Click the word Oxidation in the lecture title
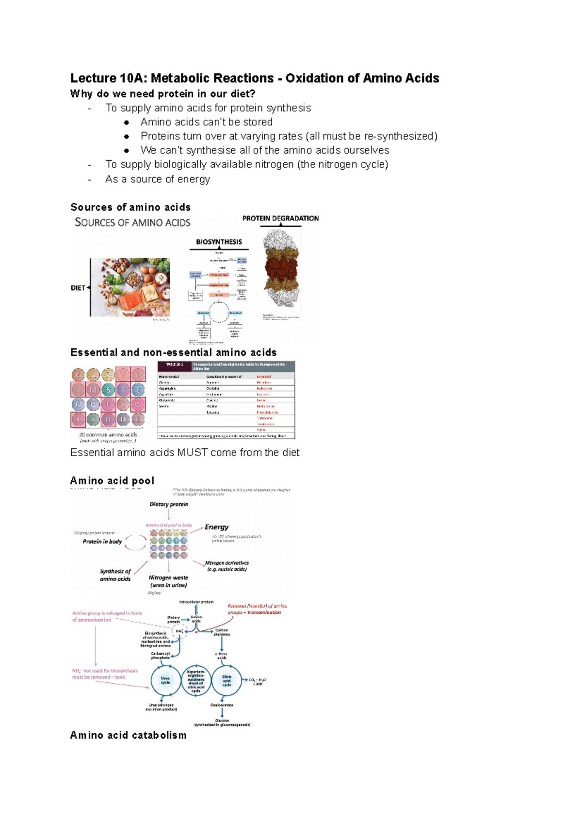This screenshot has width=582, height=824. pos(313,78)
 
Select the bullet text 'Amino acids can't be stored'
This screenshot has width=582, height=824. pos(206,122)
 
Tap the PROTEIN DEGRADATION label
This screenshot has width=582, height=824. pos(280,218)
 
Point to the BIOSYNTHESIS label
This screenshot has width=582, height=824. pos(219,242)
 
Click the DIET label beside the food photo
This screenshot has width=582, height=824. pos(78,288)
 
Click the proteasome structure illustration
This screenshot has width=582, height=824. pos(282,268)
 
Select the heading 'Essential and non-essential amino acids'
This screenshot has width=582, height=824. pos(173,352)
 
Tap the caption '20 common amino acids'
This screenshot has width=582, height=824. pos(108,435)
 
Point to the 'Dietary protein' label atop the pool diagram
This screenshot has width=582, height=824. pos(169,504)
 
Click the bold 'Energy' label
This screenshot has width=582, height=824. pos(216,527)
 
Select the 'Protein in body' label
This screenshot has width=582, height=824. pos(102,542)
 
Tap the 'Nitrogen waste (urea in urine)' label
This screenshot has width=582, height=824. pos(168,581)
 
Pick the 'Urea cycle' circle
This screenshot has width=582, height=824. pos(165,680)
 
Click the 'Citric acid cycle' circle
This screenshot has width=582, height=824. pos(226,680)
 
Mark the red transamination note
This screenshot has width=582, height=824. pos(257,609)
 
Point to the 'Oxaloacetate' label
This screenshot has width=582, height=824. pos(222,705)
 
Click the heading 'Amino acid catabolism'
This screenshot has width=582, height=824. pos(128,735)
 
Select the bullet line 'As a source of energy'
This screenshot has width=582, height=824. pos(158,179)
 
